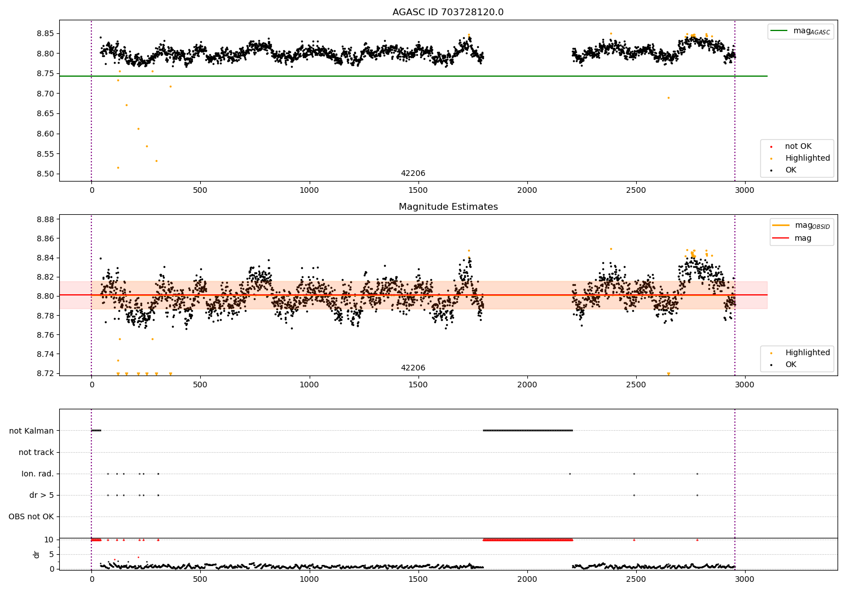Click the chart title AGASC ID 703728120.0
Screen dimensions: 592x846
coord(448,12)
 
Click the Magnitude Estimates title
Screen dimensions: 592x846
coord(448,207)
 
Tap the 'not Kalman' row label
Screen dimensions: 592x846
coord(32,431)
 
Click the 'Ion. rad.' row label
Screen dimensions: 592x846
coord(37,474)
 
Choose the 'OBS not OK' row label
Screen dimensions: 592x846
coord(31,516)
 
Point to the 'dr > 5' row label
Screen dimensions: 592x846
coord(41,495)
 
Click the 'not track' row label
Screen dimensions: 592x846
coord(36,452)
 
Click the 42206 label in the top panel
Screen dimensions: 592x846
coord(413,174)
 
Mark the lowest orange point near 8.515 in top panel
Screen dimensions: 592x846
coord(118,167)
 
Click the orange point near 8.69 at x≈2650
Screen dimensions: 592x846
coord(668,98)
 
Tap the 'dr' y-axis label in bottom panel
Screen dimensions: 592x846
coord(37,554)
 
